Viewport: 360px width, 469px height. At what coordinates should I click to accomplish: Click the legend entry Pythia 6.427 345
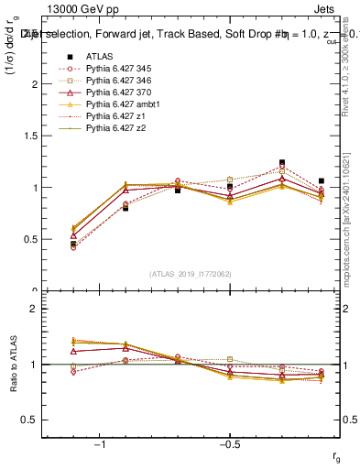click(116, 69)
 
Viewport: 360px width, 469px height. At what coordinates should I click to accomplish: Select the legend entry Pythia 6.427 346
click(116, 81)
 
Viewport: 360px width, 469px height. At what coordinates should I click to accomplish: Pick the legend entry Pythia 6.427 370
click(116, 93)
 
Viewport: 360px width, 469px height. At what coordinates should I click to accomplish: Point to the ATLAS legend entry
click(101, 57)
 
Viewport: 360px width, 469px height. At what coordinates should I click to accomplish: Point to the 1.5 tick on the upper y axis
click(36, 136)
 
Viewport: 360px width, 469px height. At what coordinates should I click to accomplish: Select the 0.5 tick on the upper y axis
click(36, 239)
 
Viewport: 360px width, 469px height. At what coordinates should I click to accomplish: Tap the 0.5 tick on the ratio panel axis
click(36, 420)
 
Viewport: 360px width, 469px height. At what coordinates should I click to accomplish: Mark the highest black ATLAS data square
click(282, 162)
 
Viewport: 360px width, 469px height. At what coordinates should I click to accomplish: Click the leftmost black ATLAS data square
click(73, 244)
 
